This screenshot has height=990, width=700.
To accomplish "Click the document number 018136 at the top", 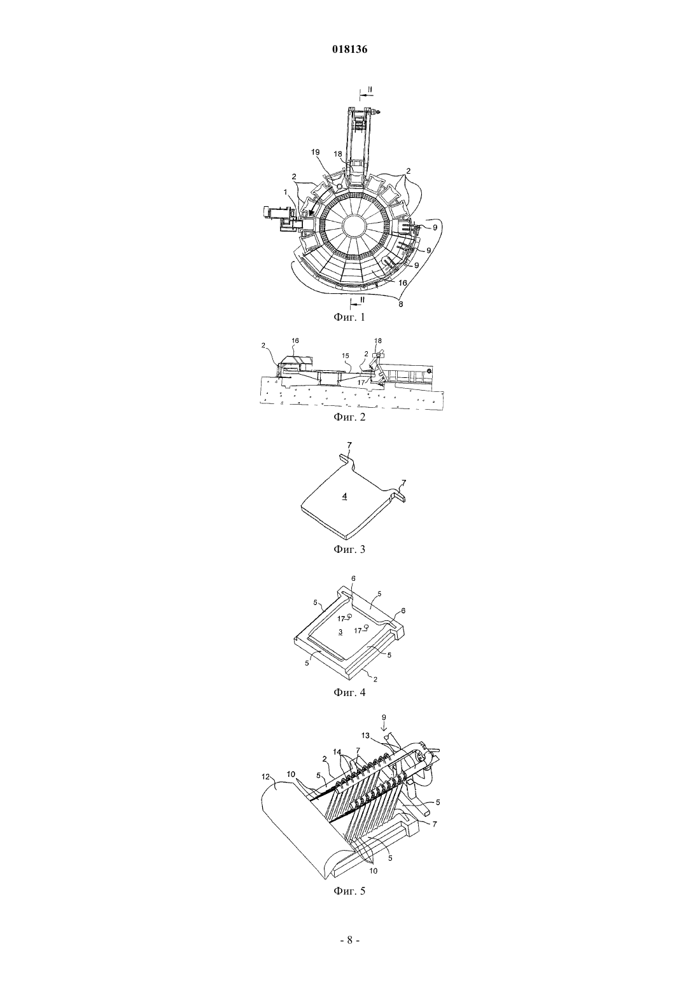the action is coord(349,50).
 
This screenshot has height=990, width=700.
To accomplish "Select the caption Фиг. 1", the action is coord(349,316).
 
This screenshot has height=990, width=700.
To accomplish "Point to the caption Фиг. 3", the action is coord(349,549).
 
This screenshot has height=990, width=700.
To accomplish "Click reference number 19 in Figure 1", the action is coord(315,153).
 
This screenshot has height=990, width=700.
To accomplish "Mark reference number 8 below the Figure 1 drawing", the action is coord(400,304).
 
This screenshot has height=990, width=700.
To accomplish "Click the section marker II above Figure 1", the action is coord(370,89).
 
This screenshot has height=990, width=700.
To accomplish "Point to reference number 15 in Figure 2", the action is coord(345,355).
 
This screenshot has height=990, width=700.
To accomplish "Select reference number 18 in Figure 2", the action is coord(378,341).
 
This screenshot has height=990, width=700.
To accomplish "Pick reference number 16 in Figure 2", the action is coord(295,340).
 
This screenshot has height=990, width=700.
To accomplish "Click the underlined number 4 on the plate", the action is coord(345,496).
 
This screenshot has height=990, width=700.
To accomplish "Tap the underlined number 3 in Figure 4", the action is coord(340,632).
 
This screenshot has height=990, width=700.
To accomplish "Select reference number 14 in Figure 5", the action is coord(337,751).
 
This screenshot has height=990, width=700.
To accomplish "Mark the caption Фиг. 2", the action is coord(349,416).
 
